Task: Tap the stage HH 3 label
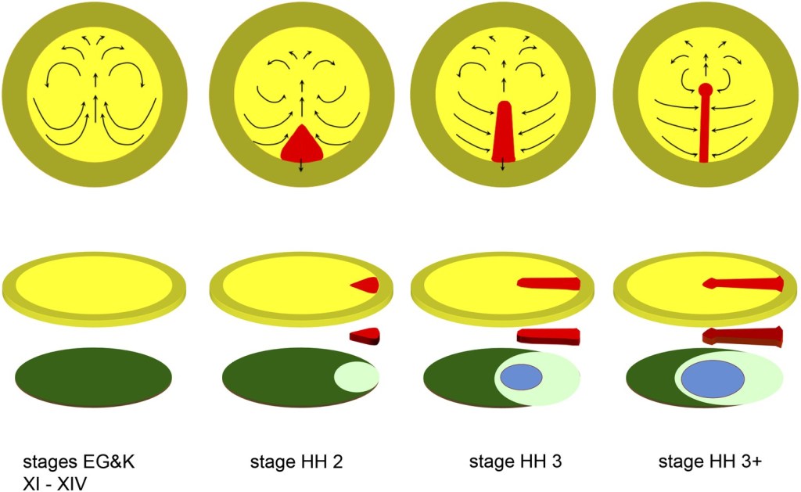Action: [x=505, y=462]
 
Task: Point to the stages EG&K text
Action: [x=70, y=462]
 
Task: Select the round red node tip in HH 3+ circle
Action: [x=706, y=90]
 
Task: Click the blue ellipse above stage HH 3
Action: [x=522, y=378]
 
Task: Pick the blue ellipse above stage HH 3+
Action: [x=712, y=379]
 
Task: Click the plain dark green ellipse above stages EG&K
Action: [x=93, y=378]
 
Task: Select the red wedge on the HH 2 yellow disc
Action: [x=367, y=285]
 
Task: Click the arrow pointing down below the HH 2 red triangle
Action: [x=301, y=167]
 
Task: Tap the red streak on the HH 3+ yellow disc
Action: [x=742, y=283]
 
